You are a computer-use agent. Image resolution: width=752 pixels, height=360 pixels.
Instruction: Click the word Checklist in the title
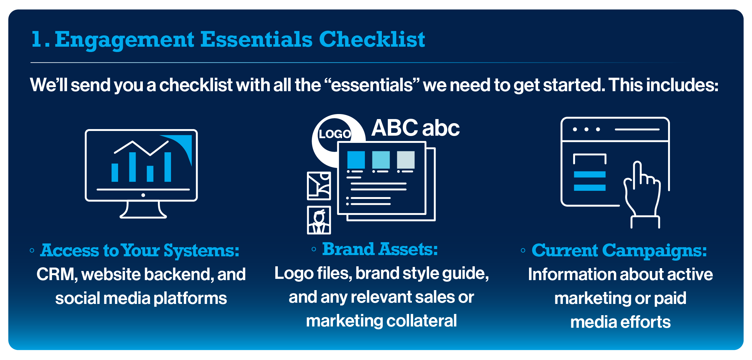(x=372, y=39)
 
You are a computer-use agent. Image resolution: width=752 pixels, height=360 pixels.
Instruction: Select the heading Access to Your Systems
(x=140, y=250)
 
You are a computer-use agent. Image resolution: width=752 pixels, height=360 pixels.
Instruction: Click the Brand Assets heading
(x=380, y=249)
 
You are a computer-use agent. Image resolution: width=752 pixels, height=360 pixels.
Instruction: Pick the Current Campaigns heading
(x=619, y=250)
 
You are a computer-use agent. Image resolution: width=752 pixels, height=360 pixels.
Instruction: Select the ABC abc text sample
(x=415, y=128)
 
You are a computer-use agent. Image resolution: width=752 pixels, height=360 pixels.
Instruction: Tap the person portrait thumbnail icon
(x=319, y=220)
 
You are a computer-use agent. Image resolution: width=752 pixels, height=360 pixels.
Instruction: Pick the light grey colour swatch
(x=406, y=160)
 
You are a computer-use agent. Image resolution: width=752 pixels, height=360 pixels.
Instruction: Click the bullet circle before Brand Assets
(x=314, y=249)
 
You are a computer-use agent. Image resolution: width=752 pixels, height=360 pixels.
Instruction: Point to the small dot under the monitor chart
(x=143, y=195)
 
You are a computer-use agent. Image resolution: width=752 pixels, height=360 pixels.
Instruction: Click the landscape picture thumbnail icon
(x=319, y=186)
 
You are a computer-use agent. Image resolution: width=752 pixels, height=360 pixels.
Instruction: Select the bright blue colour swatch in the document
(x=356, y=160)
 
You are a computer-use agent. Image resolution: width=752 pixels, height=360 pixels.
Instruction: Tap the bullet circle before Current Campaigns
(x=523, y=250)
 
